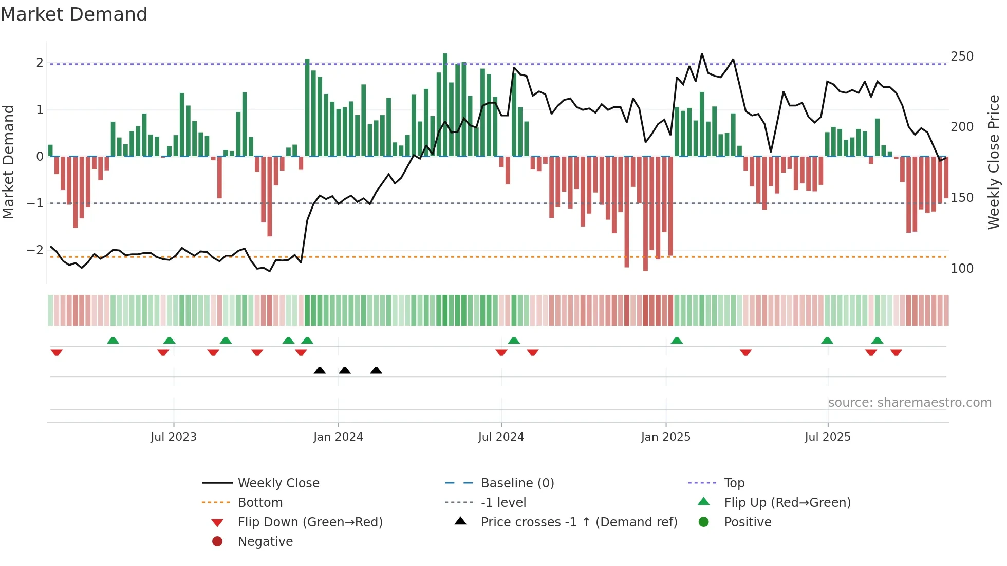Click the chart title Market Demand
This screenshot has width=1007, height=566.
coord(74,14)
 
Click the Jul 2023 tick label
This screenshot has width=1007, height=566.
coord(174,437)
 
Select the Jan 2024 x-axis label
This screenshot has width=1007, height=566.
coord(338,437)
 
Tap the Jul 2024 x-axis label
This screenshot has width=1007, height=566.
coord(501,437)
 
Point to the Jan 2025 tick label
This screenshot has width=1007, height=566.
coord(666,437)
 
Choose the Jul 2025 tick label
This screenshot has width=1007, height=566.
coord(828,437)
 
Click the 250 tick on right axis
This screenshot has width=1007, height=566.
coord(962,56)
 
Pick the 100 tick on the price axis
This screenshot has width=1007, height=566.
coord(962,269)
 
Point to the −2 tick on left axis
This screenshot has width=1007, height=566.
coord(35,250)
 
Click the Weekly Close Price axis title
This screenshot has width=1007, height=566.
coord(994,162)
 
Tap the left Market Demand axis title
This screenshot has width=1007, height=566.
coord(8,162)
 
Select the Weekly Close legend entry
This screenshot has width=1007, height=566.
coord(278,483)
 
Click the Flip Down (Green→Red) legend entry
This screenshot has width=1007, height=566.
coord(310,522)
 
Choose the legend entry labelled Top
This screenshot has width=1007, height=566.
coord(734,483)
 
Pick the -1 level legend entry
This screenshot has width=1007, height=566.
coord(503,503)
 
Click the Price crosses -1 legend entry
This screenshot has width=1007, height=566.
coord(579,522)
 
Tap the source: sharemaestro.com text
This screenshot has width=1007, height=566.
coord(909,403)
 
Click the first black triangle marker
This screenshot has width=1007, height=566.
coord(320,370)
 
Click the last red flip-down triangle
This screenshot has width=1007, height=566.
coord(896,352)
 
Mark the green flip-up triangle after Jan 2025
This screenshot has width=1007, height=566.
coord(677,341)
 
